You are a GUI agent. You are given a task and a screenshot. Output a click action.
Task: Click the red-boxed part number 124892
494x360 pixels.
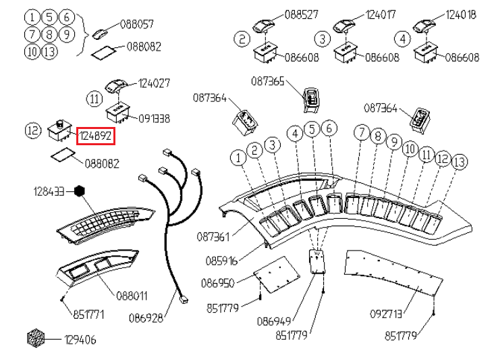point(95,136)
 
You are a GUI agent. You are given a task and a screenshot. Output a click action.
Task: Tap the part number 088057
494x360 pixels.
point(137,24)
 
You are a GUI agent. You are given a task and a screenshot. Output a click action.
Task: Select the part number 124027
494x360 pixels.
point(155,83)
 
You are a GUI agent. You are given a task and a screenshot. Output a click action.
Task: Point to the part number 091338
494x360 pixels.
point(155,119)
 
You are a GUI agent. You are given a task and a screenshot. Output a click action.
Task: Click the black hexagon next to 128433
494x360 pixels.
point(80,191)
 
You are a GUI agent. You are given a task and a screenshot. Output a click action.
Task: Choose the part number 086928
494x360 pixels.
point(146,318)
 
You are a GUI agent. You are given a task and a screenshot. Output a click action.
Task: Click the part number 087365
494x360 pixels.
point(268,81)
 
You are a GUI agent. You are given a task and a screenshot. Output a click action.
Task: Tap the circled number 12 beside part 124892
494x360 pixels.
point(33,130)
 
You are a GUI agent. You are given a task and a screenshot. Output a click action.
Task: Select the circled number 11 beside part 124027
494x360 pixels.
point(94,99)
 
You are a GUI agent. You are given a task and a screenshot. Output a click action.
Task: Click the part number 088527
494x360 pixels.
point(302,14)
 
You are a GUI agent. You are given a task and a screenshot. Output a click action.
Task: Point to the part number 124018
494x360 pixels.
point(461,15)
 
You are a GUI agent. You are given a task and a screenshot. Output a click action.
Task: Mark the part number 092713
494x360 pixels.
point(386,314)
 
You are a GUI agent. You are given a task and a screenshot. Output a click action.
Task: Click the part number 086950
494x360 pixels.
point(218,283)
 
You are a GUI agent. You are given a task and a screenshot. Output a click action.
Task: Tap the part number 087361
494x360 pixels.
point(213,237)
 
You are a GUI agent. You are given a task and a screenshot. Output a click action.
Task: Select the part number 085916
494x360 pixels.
point(221,261)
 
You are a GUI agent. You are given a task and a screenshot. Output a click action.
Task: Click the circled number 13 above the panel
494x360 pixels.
point(460,161)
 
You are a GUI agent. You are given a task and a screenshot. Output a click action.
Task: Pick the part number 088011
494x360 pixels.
point(132,296)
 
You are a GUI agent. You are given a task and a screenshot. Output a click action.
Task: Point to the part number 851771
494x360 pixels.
point(88,315)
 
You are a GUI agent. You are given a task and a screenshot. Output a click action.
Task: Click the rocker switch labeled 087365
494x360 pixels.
point(311,100)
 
